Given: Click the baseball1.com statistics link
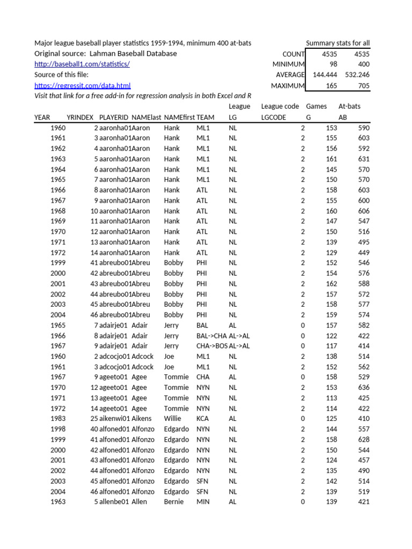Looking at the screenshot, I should (x=82, y=64).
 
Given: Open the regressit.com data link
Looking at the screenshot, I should (x=83, y=85).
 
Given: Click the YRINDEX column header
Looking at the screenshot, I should (x=80, y=117).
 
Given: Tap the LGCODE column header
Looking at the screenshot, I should (x=274, y=117).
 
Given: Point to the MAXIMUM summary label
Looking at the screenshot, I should (x=288, y=85).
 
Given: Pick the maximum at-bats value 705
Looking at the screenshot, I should (x=363, y=85).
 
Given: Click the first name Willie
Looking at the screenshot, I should (x=174, y=419).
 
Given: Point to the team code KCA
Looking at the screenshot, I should (x=203, y=419).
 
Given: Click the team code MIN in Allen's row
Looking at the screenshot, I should (x=203, y=502).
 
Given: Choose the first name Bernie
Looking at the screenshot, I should (x=174, y=502).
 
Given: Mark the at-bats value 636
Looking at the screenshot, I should (x=363, y=388).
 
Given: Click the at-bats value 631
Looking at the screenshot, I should (x=363, y=159).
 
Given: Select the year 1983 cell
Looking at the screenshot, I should (x=58, y=419).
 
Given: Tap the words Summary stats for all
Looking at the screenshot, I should (x=337, y=43).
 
